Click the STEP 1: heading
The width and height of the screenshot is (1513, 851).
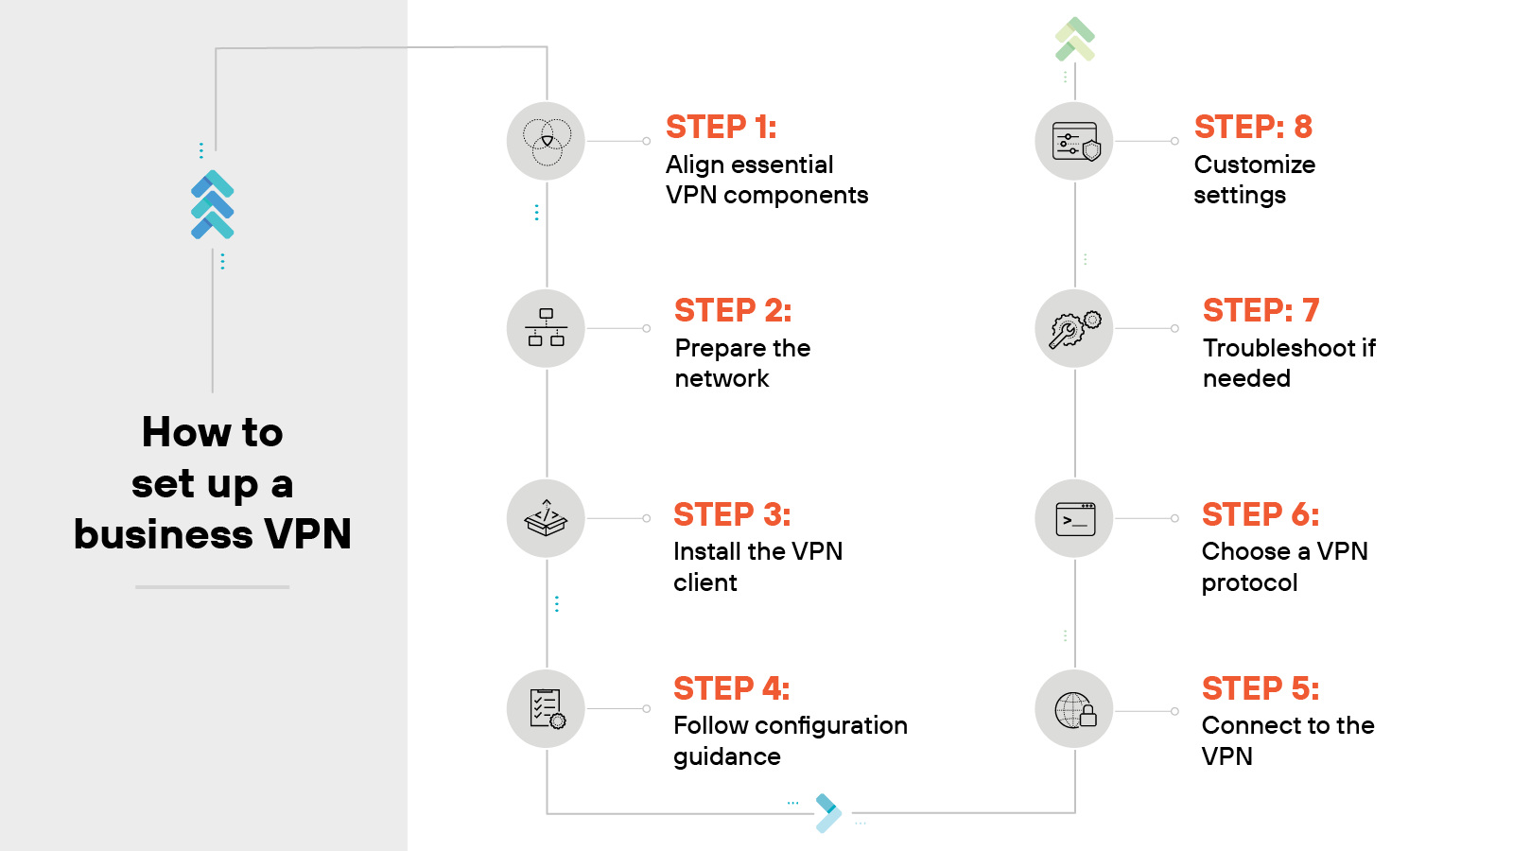pyautogui.click(x=721, y=127)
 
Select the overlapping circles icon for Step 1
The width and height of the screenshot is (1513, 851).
pyautogui.click(x=547, y=142)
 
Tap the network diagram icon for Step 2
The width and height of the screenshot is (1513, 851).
pyautogui.click(x=547, y=328)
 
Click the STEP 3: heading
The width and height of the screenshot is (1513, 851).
pyautogui.click(x=731, y=514)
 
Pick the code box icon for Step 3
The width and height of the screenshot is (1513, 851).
pyautogui.click(x=547, y=518)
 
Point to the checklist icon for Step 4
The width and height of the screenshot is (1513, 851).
pyautogui.click(x=547, y=709)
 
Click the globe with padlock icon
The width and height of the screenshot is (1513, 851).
pyautogui.click(x=1075, y=710)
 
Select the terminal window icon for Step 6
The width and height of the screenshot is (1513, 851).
pyautogui.click(x=1075, y=519)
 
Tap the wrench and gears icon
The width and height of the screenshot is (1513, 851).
pyautogui.click(x=1075, y=329)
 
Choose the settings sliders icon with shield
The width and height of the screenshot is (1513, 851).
pyautogui.click(x=1075, y=142)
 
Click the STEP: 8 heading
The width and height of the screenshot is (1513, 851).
pyautogui.click(x=1253, y=127)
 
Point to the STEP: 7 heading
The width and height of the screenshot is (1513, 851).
pyautogui.click(x=1261, y=310)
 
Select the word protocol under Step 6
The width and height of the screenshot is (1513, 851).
pyautogui.click(x=1249, y=583)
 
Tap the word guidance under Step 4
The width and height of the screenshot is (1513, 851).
pyautogui.click(x=726, y=757)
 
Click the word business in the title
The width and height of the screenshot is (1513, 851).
pyautogui.click(x=164, y=534)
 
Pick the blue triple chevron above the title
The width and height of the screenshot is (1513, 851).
pyautogui.click(x=213, y=204)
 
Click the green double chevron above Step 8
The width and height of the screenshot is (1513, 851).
pyautogui.click(x=1075, y=39)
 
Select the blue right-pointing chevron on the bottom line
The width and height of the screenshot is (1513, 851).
pyautogui.click(x=828, y=813)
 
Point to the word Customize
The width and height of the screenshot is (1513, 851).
pyautogui.click(x=1254, y=165)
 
